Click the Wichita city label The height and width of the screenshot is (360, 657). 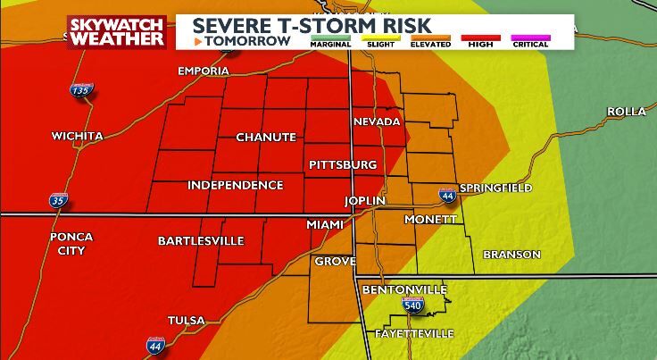[x=77, y=136]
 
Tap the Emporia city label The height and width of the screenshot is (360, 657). [x=204, y=71]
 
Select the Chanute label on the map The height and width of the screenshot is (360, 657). [x=265, y=137]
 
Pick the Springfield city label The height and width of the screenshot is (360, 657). [x=495, y=188]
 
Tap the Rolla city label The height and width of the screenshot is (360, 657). [x=626, y=111]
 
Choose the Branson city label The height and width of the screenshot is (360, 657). [x=511, y=254]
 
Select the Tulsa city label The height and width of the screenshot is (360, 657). [x=186, y=320]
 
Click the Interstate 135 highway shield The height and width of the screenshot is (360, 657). [x=79, y=91]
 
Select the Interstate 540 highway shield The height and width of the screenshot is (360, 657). [x=413, y=306]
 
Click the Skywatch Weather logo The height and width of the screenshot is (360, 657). [x=116, y=31]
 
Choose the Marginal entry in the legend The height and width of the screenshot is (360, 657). [x=330, y=41]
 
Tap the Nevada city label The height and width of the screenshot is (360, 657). [x=377, y=121]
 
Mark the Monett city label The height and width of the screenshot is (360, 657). [x=430, y=219]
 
